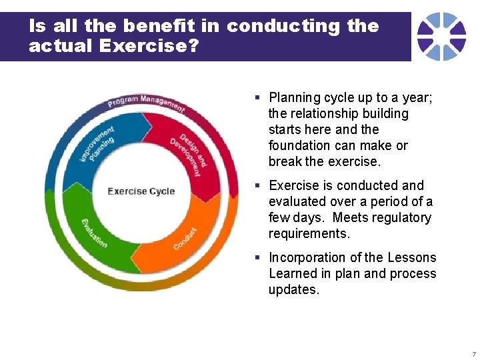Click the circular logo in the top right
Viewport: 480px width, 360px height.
click(441, 36)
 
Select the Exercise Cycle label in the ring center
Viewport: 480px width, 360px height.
click(141, 191)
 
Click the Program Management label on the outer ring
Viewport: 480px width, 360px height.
click(146, 103)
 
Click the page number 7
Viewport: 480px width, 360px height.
click(473, 353)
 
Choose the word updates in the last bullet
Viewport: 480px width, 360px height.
click(294, 289)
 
